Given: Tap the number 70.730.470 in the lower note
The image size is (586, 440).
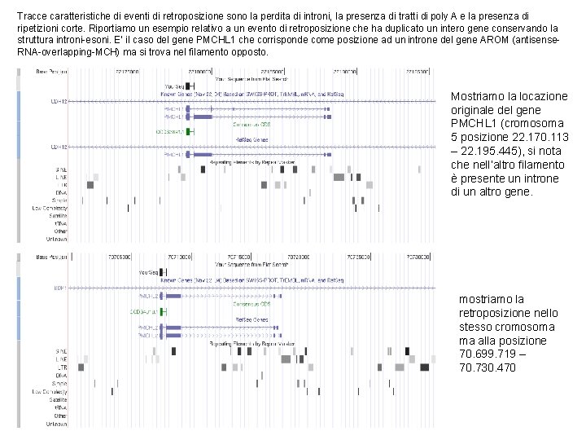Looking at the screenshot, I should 488,368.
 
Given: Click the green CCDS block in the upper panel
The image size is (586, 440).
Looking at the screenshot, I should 189,131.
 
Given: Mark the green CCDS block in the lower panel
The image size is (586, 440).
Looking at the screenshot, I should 163,310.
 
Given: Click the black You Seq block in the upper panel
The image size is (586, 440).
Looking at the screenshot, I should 189,86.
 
